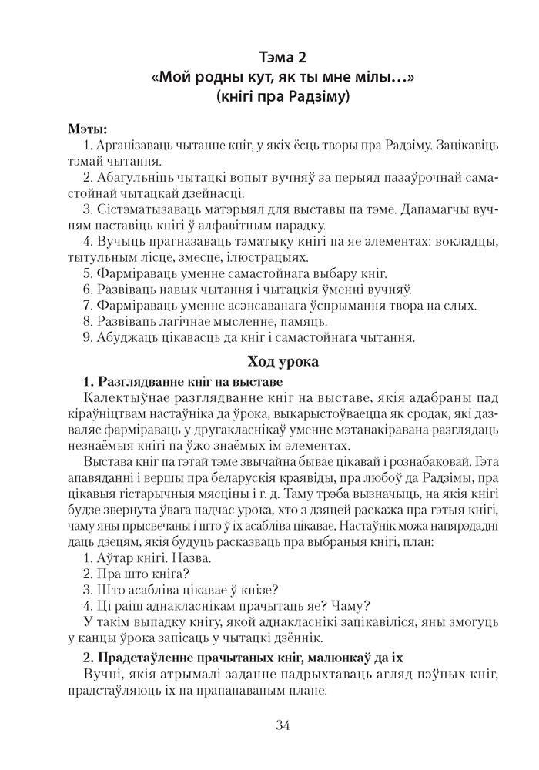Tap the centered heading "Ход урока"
(x=283, y=361)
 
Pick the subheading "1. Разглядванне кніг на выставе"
(x=182, y=382)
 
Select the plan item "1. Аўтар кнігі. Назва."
(x=146, y=559)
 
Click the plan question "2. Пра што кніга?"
(x=136, y=575)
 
